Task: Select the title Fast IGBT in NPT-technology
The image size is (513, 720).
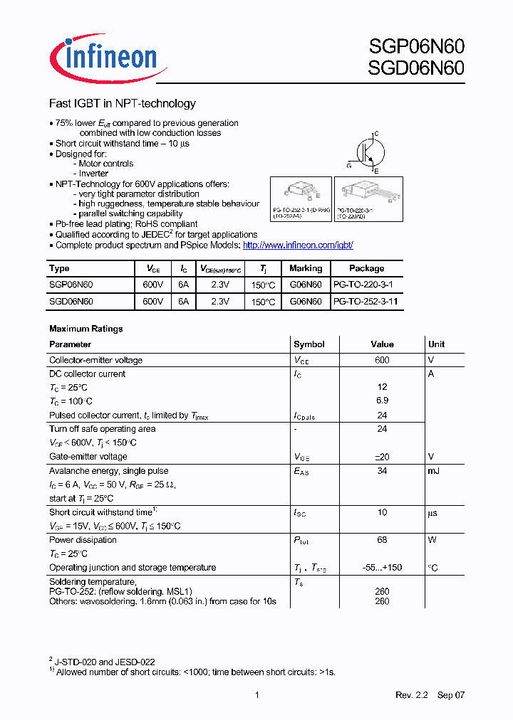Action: pos(122,104)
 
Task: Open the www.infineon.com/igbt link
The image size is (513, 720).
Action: pos(298,245)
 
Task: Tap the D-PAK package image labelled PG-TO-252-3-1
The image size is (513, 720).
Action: pos(301,192)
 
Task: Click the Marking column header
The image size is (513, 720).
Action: pos(306,268)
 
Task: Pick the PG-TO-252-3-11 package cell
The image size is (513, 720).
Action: pos(365,302)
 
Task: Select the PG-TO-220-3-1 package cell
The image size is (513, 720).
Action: pos(363,285)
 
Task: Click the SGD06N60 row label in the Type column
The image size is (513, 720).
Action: pos(71,302)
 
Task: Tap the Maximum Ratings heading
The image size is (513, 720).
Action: pos(85,329)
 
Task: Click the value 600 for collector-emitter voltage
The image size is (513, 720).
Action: pos(382,360)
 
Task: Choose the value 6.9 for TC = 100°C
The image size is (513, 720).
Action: pos(382,401)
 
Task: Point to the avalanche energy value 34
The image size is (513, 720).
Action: pos(382,470)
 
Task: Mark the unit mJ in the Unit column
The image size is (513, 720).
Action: pos(434,470)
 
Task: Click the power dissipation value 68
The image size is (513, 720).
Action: pos(382,540)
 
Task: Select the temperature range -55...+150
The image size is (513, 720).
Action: pos(382,568)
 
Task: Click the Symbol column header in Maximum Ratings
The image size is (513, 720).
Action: pos(309,344)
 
